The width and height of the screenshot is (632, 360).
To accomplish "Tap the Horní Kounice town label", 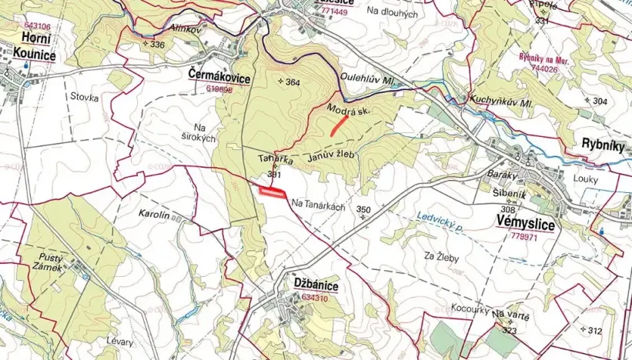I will tap(35, 47).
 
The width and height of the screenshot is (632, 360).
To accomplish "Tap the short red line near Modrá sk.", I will tap(338, 125).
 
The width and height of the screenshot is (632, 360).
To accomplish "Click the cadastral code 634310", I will tap(318, 296).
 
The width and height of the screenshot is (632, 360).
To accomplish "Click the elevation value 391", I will tap(273, 175).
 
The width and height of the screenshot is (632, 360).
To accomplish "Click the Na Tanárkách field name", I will tap(318, 203).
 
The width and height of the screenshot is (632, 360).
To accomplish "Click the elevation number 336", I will tap(157, 45).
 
